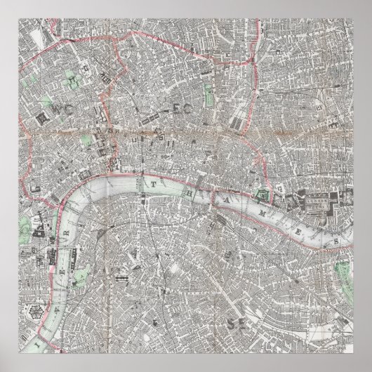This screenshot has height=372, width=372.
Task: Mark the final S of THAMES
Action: tap(336, 243)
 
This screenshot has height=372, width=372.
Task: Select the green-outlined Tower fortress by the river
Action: tap(263, 191)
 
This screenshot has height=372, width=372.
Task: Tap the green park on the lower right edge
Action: tap(342, 271)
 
